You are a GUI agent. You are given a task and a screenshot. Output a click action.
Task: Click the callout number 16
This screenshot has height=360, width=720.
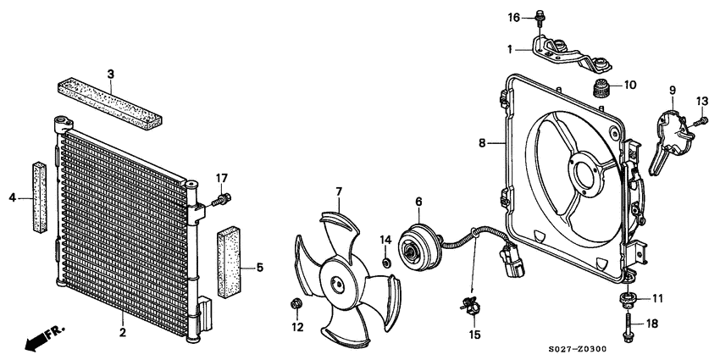click(514, 18)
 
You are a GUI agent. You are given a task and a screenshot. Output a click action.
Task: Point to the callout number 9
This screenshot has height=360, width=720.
click(673, 90)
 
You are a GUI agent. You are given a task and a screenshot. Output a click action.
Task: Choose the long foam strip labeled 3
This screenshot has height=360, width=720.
click(110, 104)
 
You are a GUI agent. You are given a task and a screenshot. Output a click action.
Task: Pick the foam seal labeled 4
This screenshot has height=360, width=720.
click(40, 197)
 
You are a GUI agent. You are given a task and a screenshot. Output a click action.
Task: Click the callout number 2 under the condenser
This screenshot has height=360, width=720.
click(123, 332)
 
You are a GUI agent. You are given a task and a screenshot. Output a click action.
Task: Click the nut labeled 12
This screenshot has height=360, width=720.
click(296, 303)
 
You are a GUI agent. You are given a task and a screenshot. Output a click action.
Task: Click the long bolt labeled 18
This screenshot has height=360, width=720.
click(627, 326)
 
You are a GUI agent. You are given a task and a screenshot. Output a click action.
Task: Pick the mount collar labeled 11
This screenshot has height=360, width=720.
click(627, 298)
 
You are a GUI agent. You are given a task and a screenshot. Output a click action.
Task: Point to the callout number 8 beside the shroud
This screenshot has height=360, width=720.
click(482, 143)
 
